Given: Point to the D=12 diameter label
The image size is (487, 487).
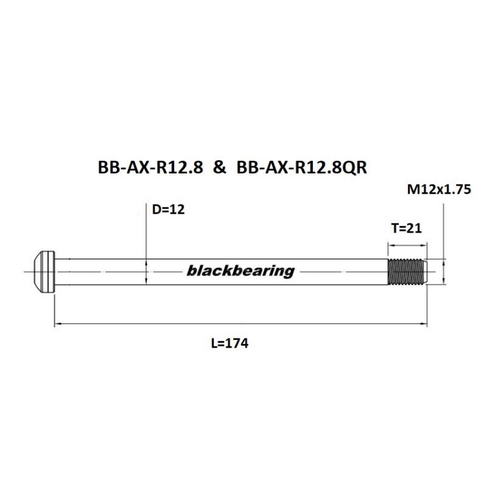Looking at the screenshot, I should [x=167, y=211].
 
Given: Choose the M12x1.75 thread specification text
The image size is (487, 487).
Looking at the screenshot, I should [x=439, y=189].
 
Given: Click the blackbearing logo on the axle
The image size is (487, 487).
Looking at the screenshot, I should [x=240, y=271].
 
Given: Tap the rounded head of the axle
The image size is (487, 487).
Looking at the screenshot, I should [x=43, y=271].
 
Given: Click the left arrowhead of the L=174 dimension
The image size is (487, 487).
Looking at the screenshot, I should [x=58, y=324].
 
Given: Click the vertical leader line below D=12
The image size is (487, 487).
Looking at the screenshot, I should [x=147, y=237].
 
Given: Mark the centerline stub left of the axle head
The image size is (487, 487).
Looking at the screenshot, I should [x=27, y=271].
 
